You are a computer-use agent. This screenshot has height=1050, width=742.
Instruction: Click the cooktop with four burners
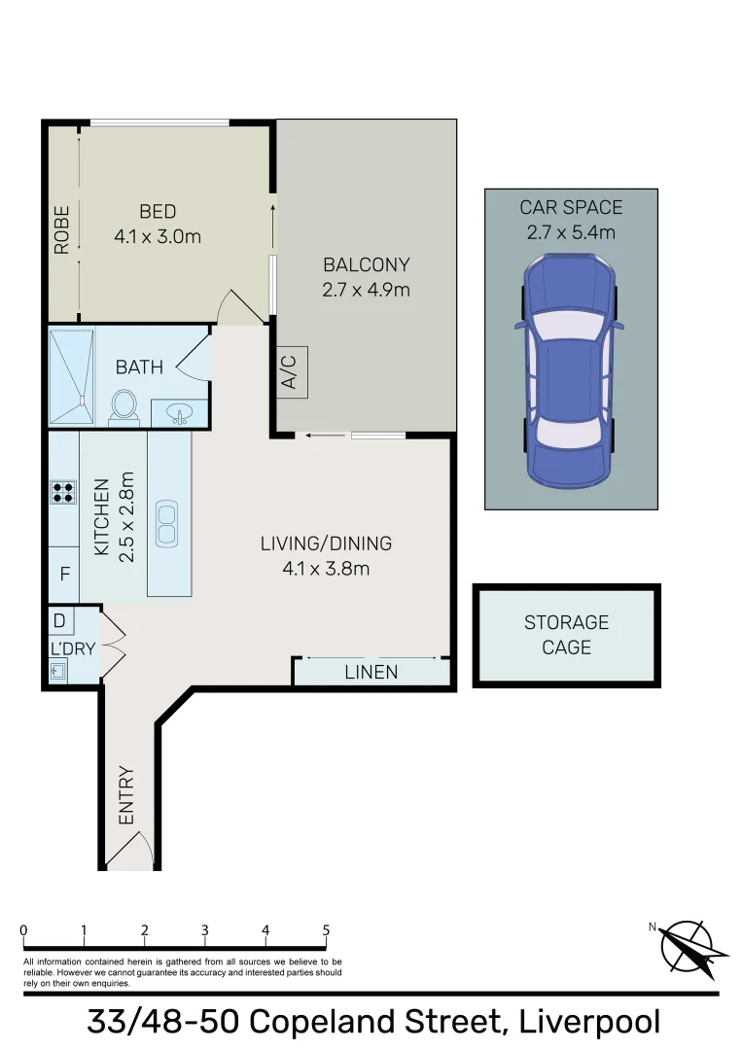63,493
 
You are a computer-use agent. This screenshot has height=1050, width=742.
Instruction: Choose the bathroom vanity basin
179,415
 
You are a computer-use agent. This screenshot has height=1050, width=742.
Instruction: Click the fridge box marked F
64,574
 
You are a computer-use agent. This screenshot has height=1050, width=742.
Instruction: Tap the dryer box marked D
59,620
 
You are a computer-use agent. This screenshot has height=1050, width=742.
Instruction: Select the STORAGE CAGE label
566,634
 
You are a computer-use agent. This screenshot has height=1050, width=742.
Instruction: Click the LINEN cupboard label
371,672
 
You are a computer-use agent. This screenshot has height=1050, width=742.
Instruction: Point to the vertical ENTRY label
126,796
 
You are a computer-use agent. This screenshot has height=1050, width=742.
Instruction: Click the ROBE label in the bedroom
62,229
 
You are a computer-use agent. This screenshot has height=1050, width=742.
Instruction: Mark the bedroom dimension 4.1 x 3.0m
157,235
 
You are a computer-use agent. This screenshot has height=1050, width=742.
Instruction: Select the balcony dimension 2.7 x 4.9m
366,289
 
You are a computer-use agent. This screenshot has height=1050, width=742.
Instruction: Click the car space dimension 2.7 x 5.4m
570,232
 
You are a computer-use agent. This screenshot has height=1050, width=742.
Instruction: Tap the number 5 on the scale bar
326,930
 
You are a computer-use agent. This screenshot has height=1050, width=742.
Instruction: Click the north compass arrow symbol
693,947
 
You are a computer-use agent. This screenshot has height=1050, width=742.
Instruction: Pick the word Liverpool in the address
589,1022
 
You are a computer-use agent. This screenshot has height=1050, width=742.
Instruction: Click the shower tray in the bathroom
73,376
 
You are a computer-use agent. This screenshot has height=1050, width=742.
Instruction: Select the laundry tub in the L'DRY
58,670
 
